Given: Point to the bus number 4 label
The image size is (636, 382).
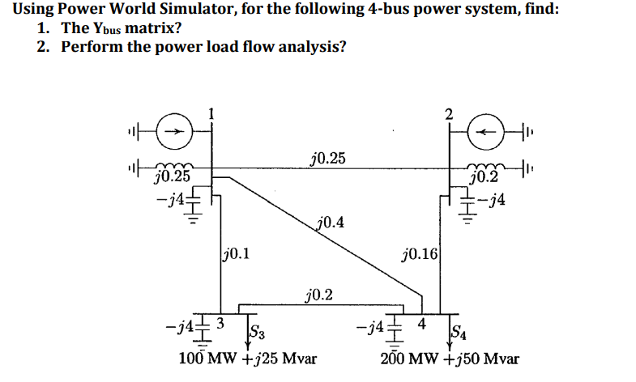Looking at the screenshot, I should click(x=420, y=325).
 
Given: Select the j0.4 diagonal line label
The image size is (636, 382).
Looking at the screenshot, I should click(x=331, y=222).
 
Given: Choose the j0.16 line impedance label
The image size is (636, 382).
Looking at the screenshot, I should click(x=420, y=257).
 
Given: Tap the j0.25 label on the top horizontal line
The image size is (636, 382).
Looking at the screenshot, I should click(x=327, y=157).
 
